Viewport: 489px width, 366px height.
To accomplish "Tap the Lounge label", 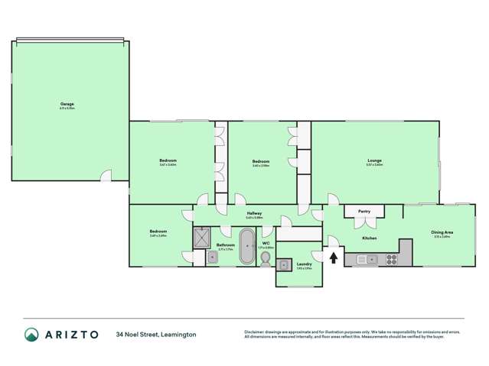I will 373,160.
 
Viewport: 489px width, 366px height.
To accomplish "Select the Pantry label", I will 363,211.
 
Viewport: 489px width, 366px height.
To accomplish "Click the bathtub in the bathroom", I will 247,245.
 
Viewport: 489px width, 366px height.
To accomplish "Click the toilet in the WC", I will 265,260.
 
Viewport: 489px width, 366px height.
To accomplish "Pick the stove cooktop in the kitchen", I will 390,260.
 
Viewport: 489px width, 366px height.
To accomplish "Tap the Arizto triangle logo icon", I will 31,335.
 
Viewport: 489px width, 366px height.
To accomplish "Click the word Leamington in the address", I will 178,335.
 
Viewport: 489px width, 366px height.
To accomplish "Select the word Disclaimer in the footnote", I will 256,331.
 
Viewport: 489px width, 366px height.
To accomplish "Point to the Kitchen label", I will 369,238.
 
